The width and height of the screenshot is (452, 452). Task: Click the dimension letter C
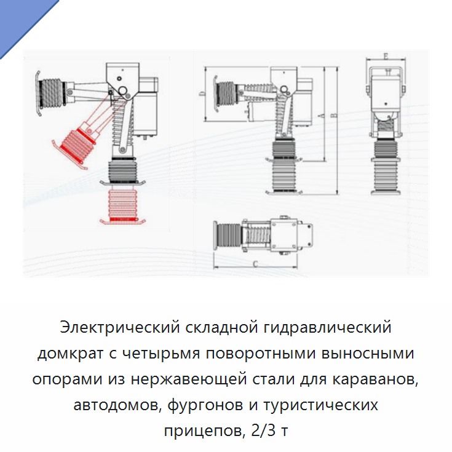(255, 264)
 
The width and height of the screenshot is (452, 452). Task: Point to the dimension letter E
(386, 56)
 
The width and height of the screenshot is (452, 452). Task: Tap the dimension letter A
(322, 116)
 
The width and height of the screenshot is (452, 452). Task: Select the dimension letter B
(334, 116)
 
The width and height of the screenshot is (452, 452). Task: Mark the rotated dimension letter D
(203, 93)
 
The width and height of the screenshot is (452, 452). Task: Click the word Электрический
(120, 327)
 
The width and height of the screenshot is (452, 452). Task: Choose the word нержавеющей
(189, 379)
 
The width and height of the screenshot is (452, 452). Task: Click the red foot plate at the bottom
(122, 221)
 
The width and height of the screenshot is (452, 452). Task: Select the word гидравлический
(327, 327)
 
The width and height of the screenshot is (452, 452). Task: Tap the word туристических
(320, 405)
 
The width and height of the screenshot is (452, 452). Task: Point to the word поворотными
(261, 353)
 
